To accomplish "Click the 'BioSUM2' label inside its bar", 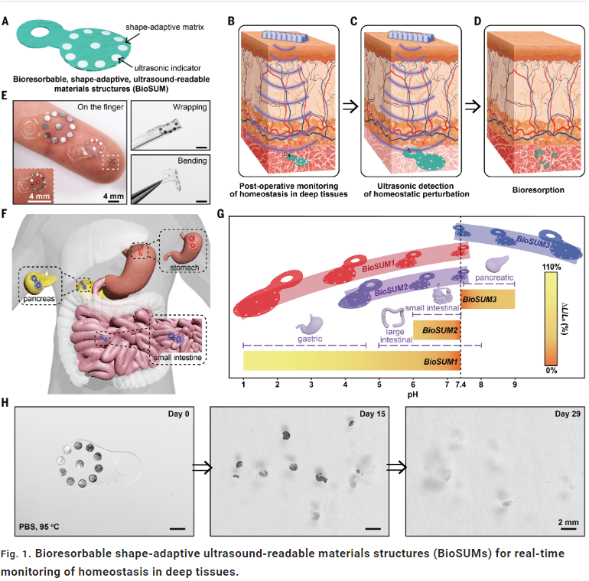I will tap(440, 330).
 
